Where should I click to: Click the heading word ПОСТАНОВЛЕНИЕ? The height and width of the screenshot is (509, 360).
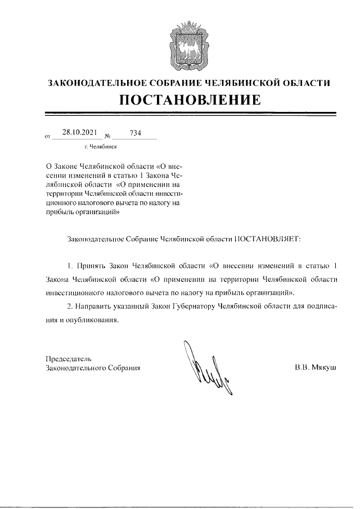189,101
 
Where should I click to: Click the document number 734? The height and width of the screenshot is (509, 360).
135,133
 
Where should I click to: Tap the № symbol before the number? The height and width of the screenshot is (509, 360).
107,136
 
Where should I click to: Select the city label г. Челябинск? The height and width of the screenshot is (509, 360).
100,146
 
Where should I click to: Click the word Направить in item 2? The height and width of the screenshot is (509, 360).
92,309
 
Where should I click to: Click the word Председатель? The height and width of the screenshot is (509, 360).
67,358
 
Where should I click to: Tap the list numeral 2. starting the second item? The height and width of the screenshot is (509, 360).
70,309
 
